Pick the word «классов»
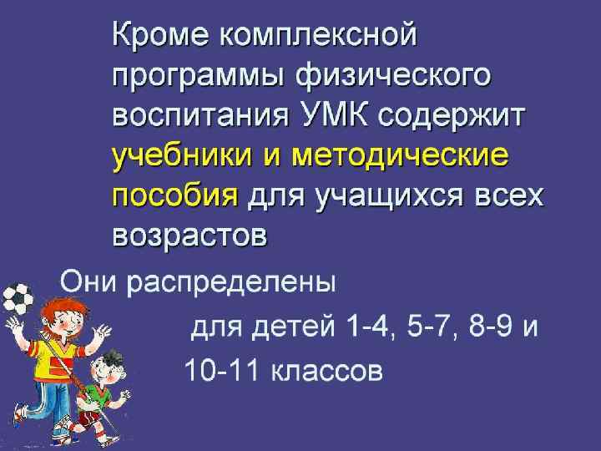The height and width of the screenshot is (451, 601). [x=326, y=369]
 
